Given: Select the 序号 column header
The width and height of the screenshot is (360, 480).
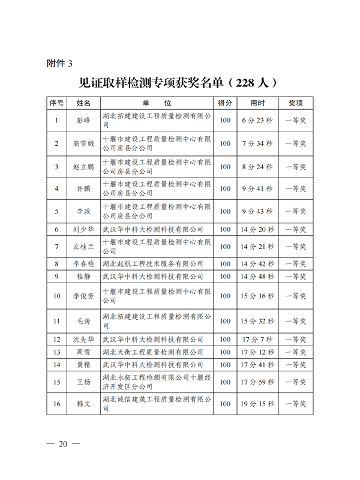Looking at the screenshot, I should click(x=56, y=103).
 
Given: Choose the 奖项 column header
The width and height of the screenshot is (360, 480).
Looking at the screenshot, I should click(x=296, y=103).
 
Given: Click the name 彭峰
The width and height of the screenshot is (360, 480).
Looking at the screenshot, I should click(x=83, y=121).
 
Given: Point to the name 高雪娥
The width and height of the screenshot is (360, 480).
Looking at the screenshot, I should click(x=83, y=143).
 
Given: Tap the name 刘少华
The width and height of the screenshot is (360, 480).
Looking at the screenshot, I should click(x=83, y=229).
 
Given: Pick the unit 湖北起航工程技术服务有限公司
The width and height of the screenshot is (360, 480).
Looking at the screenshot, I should click(x=153, y=263).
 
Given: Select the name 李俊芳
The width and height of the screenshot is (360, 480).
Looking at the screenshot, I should click(x=83, y=295).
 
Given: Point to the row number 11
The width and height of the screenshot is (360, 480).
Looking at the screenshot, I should click(x=56, y=321).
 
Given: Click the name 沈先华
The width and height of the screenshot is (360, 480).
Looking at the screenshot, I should click(x=83, y=340).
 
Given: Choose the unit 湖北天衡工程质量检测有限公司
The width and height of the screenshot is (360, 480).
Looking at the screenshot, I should click(x=153, y=352).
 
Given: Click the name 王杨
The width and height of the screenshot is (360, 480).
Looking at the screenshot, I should click(x=83, y=382).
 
